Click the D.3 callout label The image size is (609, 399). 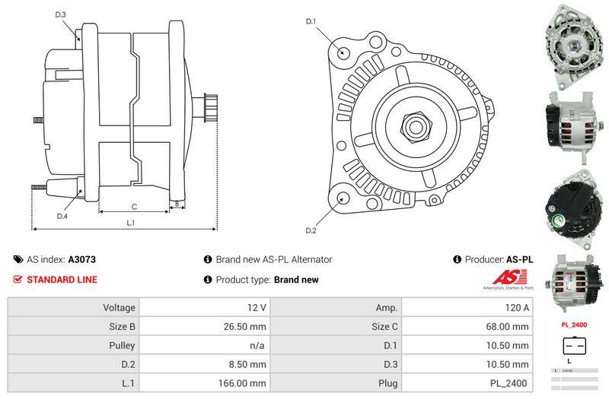coord(61,14)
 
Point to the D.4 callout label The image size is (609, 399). coord(62,217)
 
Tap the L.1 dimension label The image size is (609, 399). coord(130,223)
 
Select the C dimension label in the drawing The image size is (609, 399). coord(134,206)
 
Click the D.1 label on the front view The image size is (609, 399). coord(311,21)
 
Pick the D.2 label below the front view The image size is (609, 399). coord(311,230)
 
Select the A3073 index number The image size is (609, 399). coord(82,259)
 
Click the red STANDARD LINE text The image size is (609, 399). coord(62,280)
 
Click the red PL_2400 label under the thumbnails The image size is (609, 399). coord(574,324)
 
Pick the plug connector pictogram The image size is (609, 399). coord(574,347)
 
